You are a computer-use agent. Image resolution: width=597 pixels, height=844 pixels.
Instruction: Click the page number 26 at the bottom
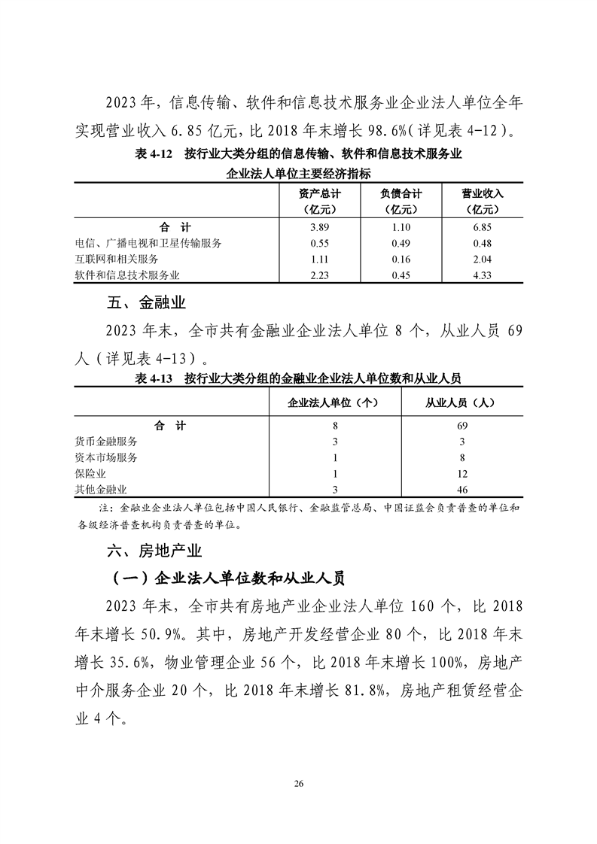pos(298,783)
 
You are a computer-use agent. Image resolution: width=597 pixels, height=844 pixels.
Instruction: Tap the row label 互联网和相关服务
pos(117,259)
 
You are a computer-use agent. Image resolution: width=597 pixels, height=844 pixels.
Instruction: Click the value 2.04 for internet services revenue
pos(481,259)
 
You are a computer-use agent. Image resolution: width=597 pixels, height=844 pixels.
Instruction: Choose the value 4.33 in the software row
pos(481,275)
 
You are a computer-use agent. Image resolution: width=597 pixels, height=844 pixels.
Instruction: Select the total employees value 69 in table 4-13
pos(462,425)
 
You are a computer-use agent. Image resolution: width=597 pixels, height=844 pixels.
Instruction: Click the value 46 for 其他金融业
pos(462,490)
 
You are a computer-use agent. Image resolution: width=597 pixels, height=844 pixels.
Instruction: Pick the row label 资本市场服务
pos(106,457)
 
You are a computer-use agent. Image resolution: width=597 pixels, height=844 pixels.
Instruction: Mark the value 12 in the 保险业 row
pos(462,474)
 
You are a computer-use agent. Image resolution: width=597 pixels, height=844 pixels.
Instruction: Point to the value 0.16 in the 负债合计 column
pos(401,259)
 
